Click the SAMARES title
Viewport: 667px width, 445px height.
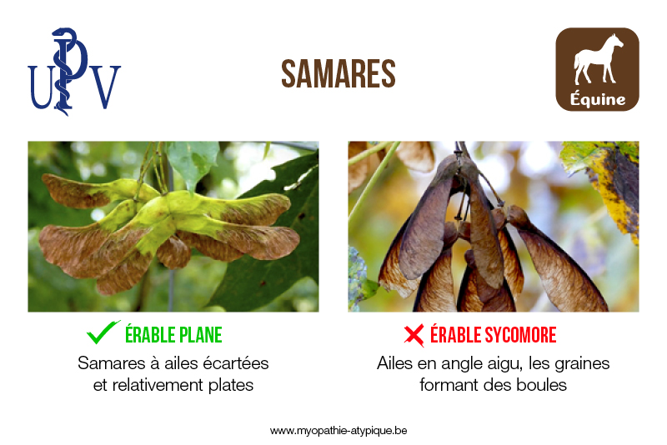(x=339, y=74)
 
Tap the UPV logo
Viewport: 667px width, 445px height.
(x=74, y=72)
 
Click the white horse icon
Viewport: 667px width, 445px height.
(x=598, y=59)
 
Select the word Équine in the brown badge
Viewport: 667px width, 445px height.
(x=598, y=99)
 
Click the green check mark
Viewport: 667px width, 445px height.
(x=103, y=332)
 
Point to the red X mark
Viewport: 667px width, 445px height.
(x=414, y=335)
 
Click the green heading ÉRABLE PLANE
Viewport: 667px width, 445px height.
(x=173, y=335)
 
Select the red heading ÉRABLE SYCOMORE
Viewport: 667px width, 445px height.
(x=493, y=335)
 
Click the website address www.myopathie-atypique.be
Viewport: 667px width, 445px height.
(x=339, y=431)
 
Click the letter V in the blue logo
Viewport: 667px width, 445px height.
(x=105, y=87)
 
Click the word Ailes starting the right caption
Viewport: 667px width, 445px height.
(x=394, y=363)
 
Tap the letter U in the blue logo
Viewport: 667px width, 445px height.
(x=41, y=87)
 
